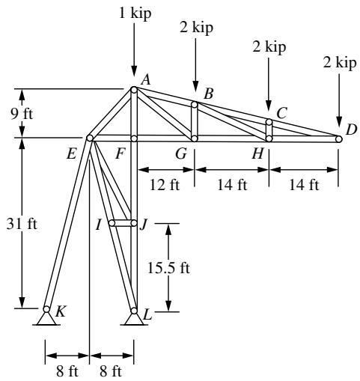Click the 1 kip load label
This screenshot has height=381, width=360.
(135, 13)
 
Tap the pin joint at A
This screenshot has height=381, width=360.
(134, 90)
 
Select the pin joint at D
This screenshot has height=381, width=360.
(338, 139)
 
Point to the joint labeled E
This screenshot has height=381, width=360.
(90, 138)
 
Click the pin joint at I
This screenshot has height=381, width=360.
(112, 223)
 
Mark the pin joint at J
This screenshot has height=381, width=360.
(134, 223)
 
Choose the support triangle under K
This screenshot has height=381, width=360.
(46, 319)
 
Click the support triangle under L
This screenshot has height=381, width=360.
(134, 320)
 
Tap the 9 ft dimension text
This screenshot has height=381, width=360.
(22, 115)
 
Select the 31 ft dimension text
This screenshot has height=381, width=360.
(22, 224)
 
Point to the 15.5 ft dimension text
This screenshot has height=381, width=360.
(168, 268)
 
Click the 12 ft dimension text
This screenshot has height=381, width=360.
(165, 185)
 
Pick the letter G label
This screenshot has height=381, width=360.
(181, 153)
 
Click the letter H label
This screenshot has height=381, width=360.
(257, 153)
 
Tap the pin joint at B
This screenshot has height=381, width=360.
(195, 105)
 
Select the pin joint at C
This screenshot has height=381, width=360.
(269, 122)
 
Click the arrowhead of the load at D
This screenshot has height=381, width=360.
(339, 122)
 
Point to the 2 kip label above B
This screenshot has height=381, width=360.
(196, 28)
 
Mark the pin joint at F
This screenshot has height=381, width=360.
(134, 138)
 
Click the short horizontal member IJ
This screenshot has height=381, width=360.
(123, 223)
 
